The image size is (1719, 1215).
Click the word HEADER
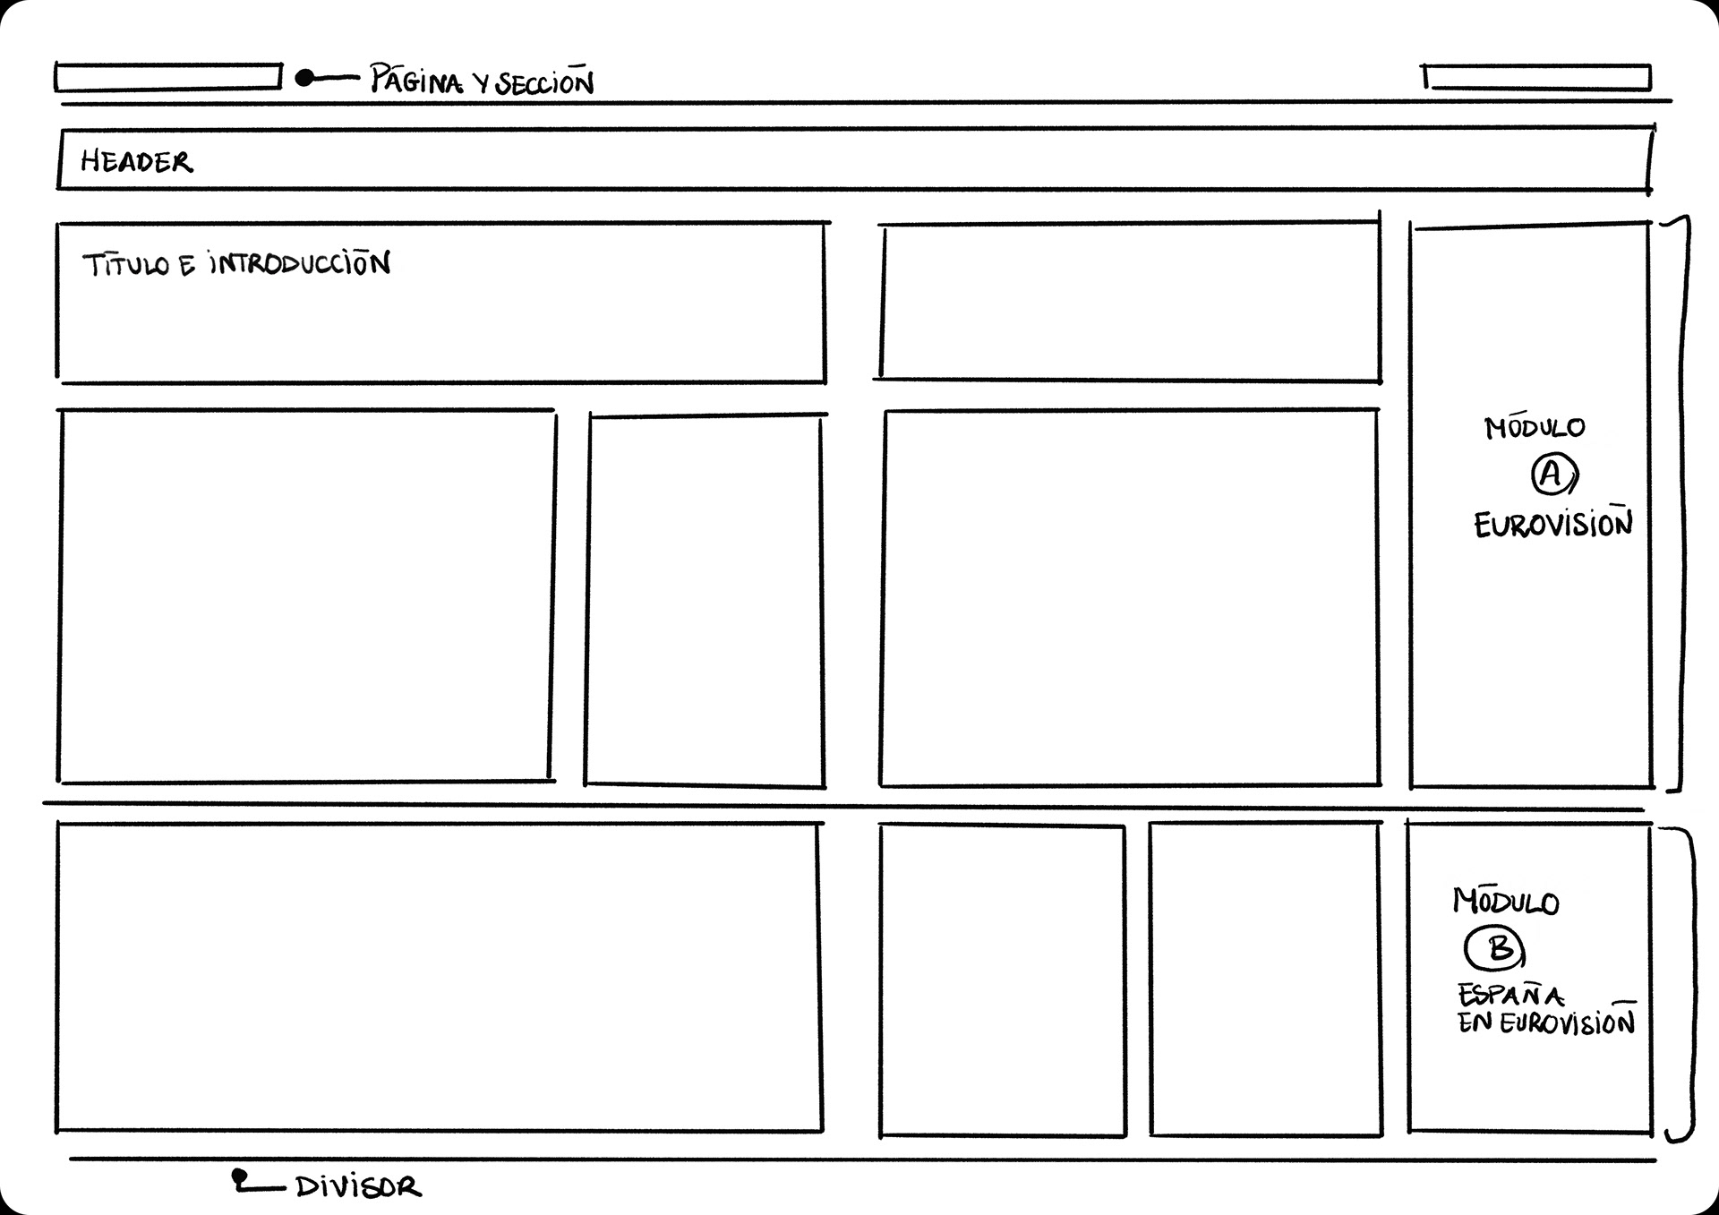[136, 162]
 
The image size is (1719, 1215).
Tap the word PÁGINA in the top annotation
[417, 81]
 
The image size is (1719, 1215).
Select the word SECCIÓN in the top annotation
[544, 82]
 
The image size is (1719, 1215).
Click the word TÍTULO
[125, 265]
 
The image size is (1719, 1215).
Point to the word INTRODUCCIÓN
[299, 264]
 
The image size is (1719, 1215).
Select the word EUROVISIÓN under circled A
[1553, 525]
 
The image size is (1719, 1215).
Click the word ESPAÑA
[1510, 995]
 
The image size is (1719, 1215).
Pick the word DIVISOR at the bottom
[358, 1188]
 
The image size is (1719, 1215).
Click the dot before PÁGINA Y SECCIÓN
[304, 79]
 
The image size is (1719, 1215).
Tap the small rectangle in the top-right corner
[1536, 78]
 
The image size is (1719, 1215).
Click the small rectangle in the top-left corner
[167, 77]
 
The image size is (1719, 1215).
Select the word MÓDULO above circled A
[1535, 428]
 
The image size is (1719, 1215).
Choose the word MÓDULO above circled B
[1506, 902]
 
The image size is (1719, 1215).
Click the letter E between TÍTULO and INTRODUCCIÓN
[186, 266]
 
